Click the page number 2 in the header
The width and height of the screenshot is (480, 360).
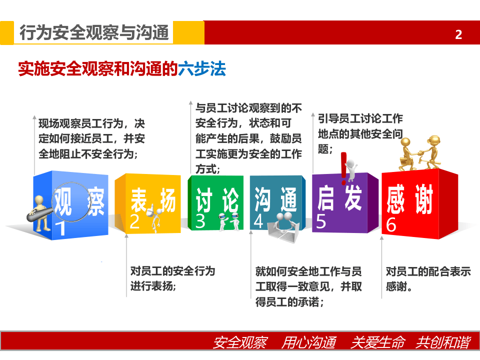458,34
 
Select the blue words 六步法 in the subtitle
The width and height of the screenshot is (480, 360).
202,68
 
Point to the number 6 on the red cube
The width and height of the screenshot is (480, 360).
391,225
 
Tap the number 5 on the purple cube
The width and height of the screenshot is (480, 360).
321,221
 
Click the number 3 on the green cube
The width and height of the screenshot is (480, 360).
200,221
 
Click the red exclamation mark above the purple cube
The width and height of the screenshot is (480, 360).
343,167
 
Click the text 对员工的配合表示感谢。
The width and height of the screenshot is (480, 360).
428,279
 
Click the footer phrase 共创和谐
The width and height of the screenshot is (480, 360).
442,343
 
